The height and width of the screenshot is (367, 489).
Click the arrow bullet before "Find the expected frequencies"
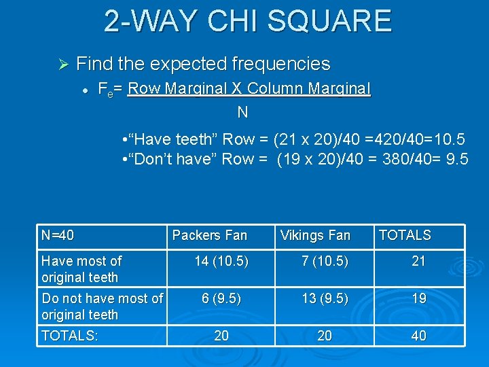click(62, 65)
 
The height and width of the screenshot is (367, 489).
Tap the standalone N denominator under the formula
click(242, 111)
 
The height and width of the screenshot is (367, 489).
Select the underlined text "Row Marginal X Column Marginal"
click(249, 89)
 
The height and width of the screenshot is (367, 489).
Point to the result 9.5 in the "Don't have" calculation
click(456, 160)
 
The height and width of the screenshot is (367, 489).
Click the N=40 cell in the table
click(58, 236)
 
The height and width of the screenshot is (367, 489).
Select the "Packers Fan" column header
click(210, 236)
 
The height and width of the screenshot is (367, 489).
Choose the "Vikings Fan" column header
click(315, 236)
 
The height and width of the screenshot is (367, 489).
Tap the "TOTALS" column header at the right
click(405, 235)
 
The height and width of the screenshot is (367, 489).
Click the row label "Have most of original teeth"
click(81, 269)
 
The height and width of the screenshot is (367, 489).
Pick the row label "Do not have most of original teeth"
click(102, 307)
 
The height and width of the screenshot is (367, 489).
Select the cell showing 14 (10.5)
click(221, 261)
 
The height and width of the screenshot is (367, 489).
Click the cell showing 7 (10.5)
click(325, 261)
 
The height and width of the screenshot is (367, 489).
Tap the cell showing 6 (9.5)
click(221, 298)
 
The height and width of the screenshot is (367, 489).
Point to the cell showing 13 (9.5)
click(325, 298)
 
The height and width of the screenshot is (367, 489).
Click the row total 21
click(418, 261)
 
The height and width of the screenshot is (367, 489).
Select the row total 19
click(418, 298)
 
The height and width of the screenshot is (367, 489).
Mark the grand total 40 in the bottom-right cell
click(418, 336)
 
